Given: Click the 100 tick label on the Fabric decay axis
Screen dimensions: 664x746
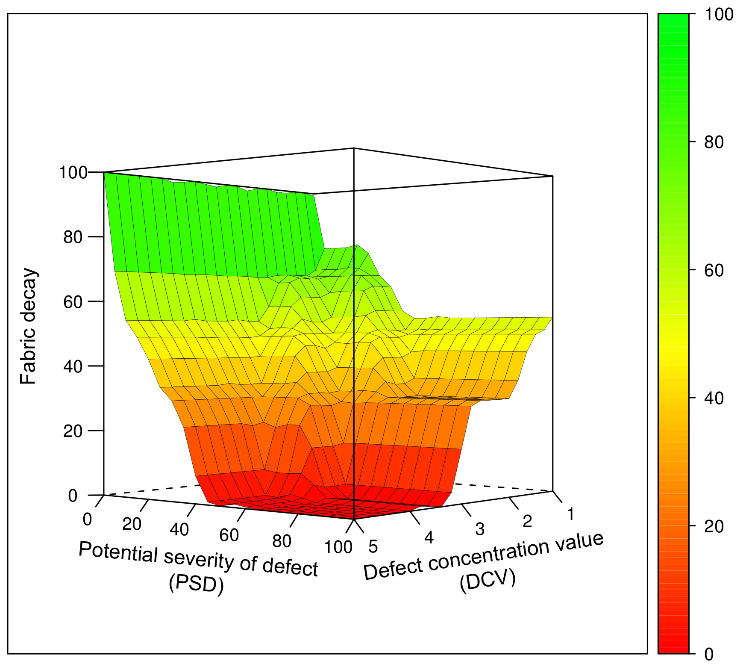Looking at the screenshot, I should pos(73,173).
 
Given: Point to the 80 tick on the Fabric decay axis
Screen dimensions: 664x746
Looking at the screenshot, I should pos(73,237).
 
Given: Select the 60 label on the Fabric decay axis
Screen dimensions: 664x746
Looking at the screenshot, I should pos(73,302).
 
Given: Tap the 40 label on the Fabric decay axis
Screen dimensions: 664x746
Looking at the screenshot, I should pos(73,366).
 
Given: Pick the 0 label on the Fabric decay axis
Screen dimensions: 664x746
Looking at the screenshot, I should pos(73,496).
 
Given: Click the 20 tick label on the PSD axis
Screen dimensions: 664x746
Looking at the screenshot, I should pos(132,524).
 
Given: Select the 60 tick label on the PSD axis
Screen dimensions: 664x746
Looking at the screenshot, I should pos(229,535).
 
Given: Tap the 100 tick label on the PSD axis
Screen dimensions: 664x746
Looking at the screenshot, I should pos(338,547).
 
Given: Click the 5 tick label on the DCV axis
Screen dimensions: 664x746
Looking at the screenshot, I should pos(373,547).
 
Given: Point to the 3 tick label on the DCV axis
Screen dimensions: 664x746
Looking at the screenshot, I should pos(480,529).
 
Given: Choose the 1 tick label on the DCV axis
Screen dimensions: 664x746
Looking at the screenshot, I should pos(570,514).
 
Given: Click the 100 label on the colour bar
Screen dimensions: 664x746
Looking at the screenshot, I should pos(719,15).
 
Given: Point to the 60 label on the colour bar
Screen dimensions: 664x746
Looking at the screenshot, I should pos(714,271).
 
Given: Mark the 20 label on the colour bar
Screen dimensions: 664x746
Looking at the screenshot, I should pos(714,526).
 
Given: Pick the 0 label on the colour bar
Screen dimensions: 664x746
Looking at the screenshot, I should pos(709,654).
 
